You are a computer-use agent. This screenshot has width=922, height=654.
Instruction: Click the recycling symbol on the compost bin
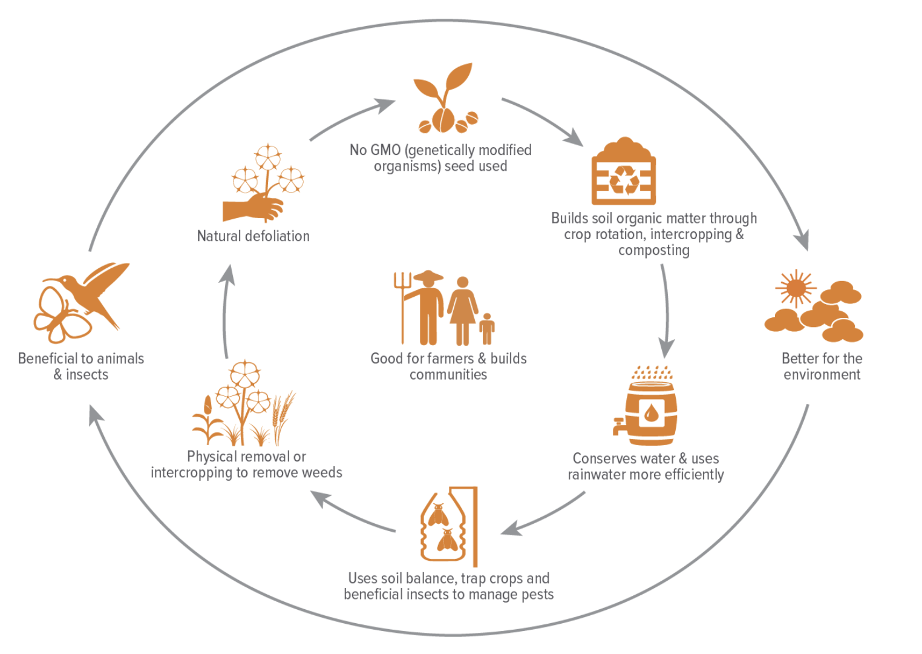(624, 180)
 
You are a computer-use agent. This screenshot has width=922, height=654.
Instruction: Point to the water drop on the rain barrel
(651, 414)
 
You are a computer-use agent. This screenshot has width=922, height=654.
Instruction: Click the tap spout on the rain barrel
(619, 426)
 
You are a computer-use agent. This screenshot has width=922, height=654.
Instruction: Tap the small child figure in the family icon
(487, 330)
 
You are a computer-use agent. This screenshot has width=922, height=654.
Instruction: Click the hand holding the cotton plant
(254, 207)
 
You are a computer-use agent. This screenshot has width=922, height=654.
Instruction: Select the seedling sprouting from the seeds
(445, 91)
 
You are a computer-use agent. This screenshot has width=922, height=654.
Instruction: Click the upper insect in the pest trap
(438, 515)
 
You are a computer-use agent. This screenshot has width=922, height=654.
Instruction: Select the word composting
(653, 251)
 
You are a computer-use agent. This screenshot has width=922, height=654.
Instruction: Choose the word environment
(822, 375)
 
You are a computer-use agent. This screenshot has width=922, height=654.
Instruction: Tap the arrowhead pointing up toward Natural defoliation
(227, 274)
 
